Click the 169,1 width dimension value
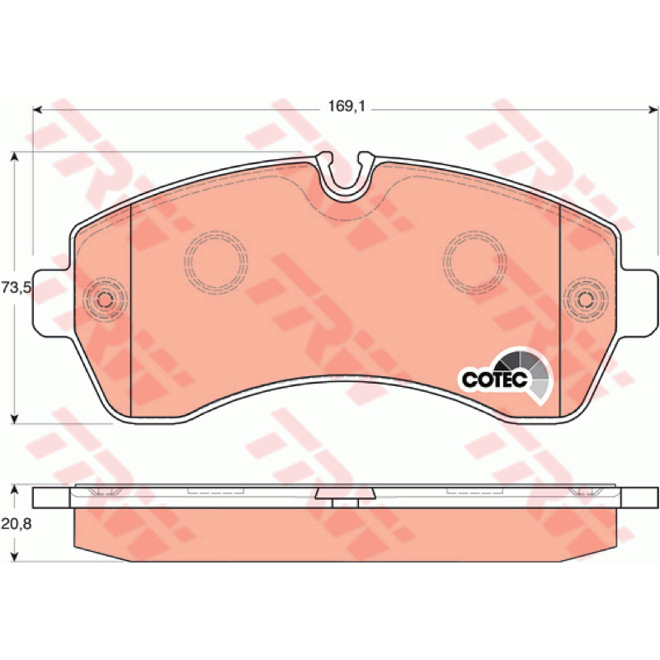tap(346, 106)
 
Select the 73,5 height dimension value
tap(16, 288)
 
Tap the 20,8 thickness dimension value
tap(16, 524)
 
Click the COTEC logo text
tap(494, 379)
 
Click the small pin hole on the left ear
tap(105, 299)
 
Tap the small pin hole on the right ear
tap(586, 299)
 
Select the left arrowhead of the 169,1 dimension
tap(37, 111)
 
